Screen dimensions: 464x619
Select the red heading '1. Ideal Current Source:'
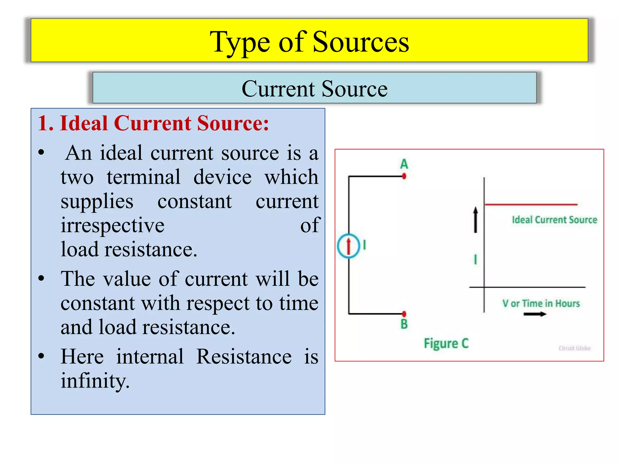coord(153,123)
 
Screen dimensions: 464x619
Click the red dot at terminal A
coord(404,176)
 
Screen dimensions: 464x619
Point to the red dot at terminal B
coord(404,314)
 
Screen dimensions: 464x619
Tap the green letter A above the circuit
coord(404,164)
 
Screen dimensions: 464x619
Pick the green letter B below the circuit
coord(404,324)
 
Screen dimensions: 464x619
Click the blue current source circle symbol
coord(348,246)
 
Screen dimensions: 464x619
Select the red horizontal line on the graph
coord(531,205)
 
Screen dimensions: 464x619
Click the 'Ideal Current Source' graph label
coord(554,220)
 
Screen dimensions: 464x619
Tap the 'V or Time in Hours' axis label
coord(541,303)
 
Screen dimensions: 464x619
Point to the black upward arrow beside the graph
coord(475,220)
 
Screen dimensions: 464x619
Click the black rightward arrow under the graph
coord(535,314)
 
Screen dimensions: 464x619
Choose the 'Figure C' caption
coord(446,343)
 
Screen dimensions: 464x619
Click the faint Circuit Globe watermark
coord(575,348)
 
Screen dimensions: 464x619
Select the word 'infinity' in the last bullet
coord(95,381)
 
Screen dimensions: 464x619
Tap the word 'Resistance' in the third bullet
coord(244,356)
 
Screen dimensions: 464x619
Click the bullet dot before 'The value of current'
coord(41,278)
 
